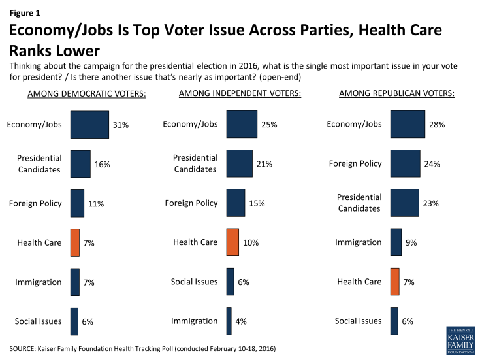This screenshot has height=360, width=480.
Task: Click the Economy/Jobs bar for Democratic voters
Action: (89, 124)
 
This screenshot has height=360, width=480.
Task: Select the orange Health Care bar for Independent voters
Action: (232, 242)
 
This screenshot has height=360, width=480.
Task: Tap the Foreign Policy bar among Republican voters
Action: (404, 163)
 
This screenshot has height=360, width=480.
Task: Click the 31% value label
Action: (121, 125)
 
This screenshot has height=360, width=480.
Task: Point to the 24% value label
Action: (432, 164)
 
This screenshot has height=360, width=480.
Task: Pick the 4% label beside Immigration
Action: (242, 321)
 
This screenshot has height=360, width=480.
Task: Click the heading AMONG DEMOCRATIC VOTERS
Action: (87, 94)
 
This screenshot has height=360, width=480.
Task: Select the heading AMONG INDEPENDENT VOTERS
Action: (240, 94)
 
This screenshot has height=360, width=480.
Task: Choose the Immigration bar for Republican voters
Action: (396, 242)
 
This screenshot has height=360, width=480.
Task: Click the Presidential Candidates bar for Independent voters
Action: (238, 163)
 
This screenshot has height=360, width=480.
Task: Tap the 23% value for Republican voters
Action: (430, 203)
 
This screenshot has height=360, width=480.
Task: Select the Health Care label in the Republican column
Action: (359, 282)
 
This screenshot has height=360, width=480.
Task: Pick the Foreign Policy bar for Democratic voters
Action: (77, 203)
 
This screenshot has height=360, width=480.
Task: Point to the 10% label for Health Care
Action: (250, 242)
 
